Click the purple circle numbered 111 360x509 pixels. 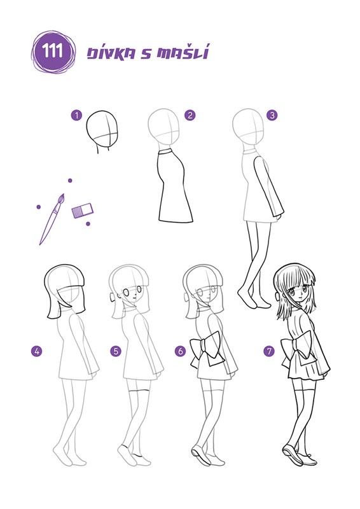[53, 52]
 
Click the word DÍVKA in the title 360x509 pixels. [111, 53]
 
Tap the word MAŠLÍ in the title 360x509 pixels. [183, 52]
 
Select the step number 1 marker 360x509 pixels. [76, 115]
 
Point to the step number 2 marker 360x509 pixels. [190, 115]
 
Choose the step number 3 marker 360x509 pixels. [272, 115]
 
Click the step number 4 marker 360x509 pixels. [37, 351]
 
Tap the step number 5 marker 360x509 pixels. [116, 351]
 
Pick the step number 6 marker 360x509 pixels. [181, 351]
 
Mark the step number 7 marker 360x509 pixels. [269, 351]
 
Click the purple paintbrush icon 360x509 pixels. [52, 219]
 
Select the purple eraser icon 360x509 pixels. [82, 211]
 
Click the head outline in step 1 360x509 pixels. [102, 132]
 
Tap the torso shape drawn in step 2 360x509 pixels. [174, 186]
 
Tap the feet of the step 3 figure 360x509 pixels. [254, 297]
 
